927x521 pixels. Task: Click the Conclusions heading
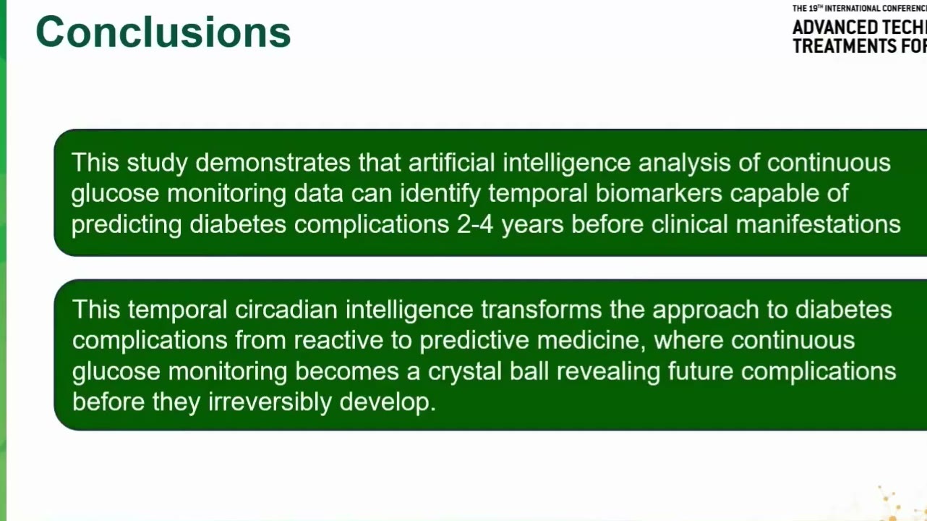163,33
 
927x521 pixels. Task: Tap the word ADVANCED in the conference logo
835,27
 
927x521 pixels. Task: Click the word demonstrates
273,162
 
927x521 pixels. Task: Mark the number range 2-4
475,224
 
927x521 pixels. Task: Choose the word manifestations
818,224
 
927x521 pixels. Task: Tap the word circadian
286,310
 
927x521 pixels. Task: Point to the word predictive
474,340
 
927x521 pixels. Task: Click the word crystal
465,371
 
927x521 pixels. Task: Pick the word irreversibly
270,402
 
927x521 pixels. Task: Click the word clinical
689,224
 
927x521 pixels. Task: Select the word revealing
608,371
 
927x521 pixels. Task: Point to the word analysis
685,162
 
